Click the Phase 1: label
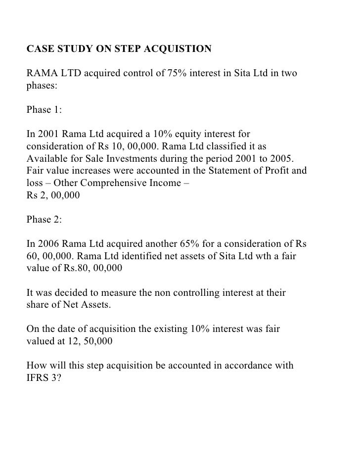tap(44, 110)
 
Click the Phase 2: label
tap(44, 220)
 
